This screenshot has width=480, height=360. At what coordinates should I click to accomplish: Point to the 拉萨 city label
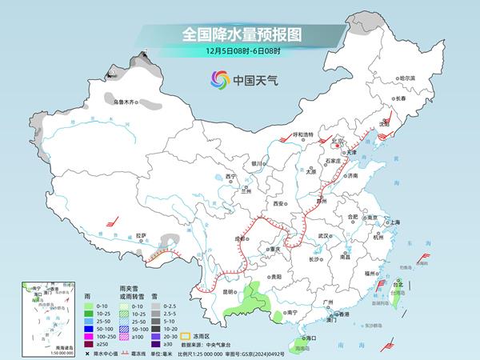pyautogui.click(x=142, y=235)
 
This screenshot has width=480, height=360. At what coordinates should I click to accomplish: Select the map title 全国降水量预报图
pyautogui.click(x=240, y=34)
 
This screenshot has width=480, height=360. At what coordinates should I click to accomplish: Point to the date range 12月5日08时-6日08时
pyautogui.click(x=240, y=51)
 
